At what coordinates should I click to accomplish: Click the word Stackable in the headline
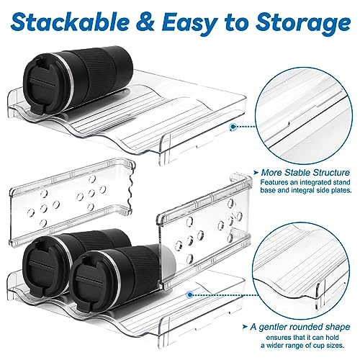70,22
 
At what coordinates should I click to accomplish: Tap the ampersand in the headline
145,23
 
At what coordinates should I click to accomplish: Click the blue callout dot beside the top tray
233,127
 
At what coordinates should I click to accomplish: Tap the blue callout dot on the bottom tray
190,294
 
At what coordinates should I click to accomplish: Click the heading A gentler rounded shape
300,327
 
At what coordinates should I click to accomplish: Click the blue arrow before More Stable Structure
256,173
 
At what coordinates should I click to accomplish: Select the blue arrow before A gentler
245,327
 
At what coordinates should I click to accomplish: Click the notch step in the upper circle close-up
289,124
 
